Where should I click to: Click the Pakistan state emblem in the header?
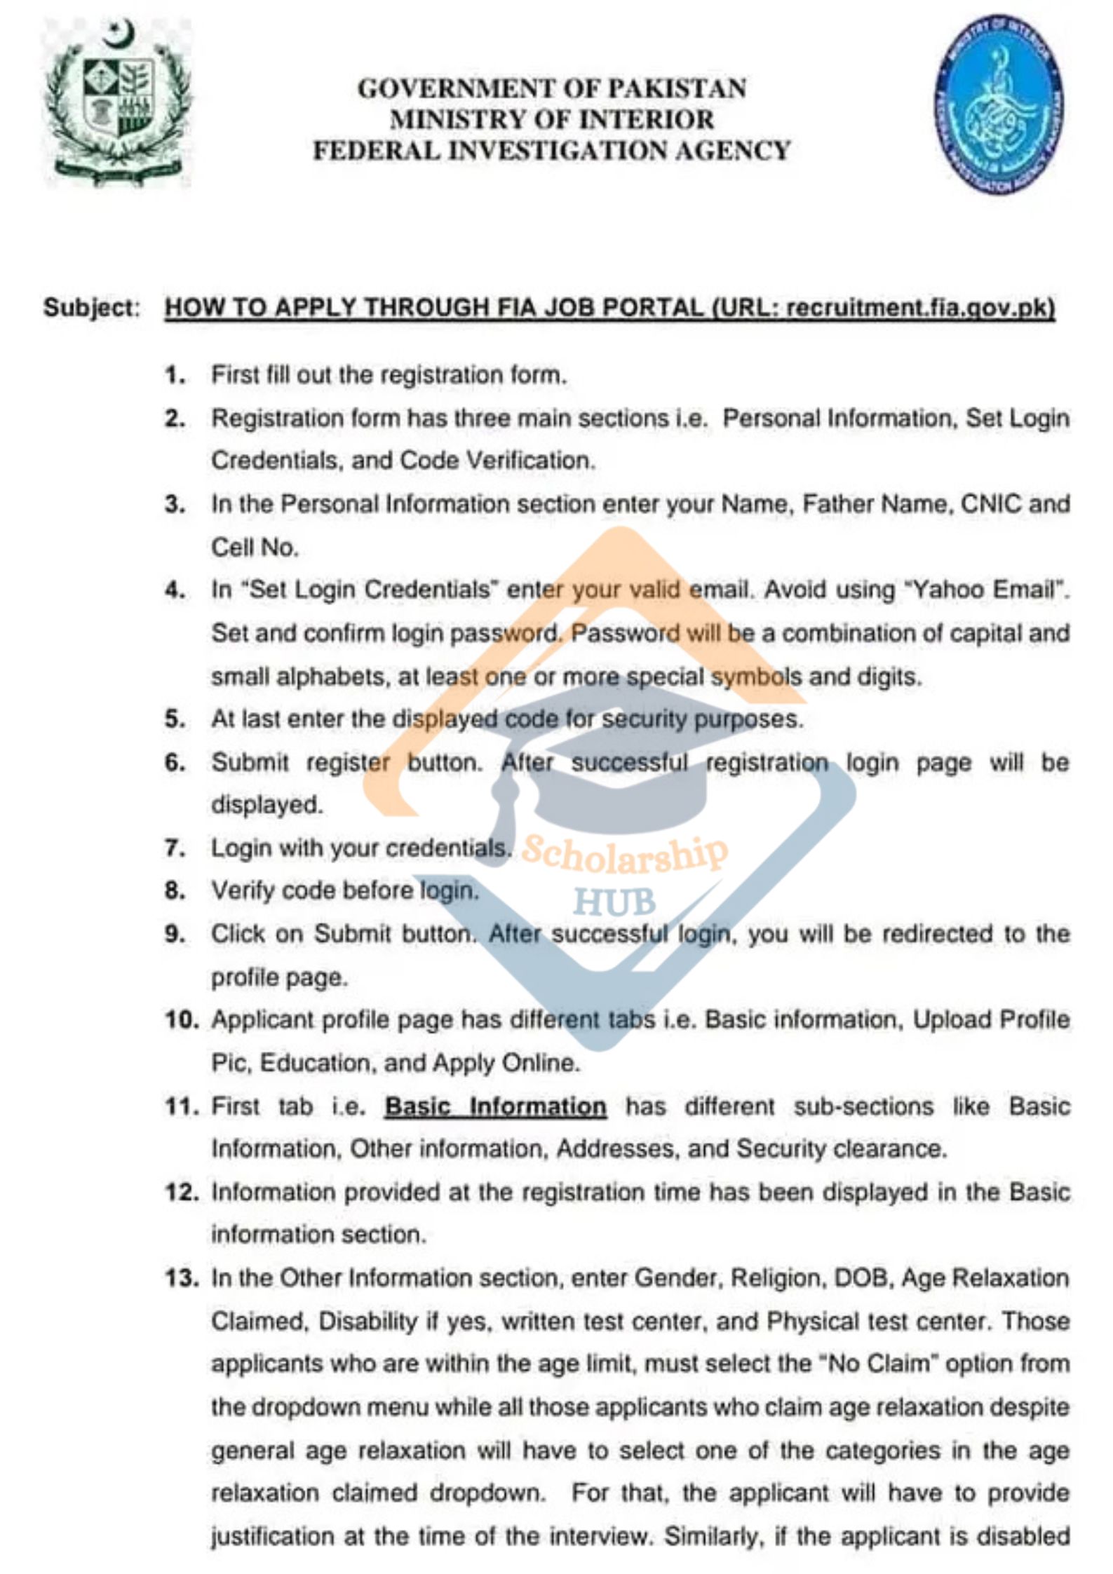[x=117, y=102]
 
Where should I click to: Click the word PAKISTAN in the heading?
[x=676, y=88]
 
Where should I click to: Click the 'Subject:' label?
[x=92, y=308]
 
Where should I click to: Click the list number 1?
[x=175, y=376]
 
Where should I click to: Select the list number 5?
[x=175, y=719]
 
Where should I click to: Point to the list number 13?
[x=182, y=1278]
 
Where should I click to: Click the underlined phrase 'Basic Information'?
[x=495, y=1106]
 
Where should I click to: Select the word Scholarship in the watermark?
[x=623, y=853]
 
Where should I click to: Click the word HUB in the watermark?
[x=614, y=902]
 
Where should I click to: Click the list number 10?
[x=182, y=1020]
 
